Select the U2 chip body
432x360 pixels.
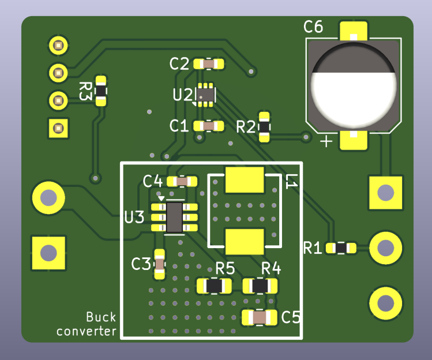tap(205, 95)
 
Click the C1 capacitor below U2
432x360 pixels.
tap(208, 125)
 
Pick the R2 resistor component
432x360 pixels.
tap(264, 127)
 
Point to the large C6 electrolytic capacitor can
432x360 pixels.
tap(354, 85)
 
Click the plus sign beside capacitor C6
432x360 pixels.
tap(326, 141)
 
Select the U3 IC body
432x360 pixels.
tap(174, 217)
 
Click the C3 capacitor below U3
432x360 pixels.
tap(159, 264)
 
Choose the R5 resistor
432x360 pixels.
tap(214, 285)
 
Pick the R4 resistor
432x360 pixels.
tap(260, 285)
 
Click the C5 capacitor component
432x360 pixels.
tap(260, 317)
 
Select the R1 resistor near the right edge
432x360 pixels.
tap(341, 248)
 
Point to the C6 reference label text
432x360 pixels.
tap(313, 27)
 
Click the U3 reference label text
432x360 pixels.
tap(134, 217)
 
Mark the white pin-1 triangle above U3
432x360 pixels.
tap(161, 198)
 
